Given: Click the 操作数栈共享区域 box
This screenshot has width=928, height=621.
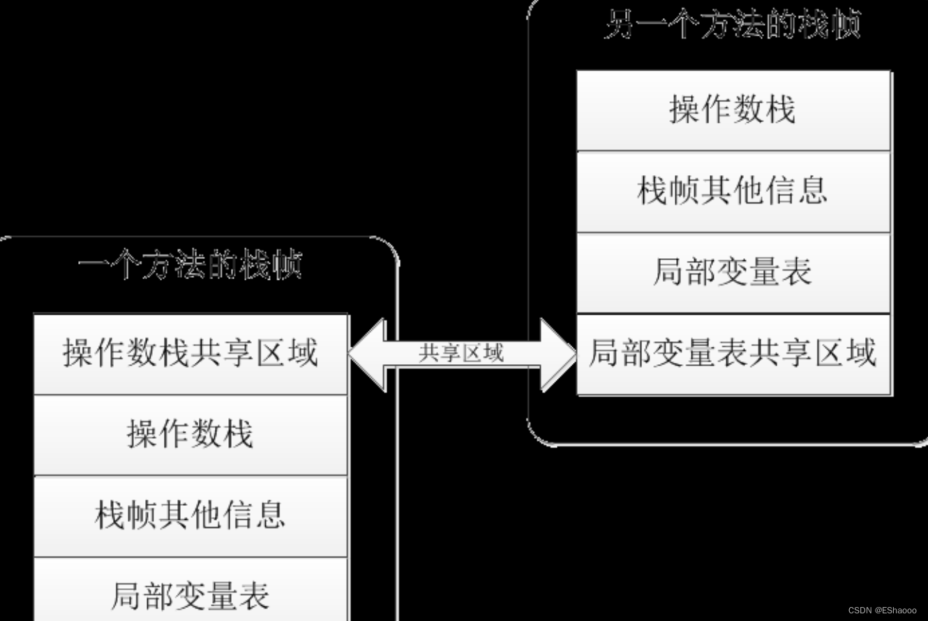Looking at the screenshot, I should point(190,354).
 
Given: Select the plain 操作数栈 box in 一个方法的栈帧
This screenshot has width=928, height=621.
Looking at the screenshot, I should point(190,435).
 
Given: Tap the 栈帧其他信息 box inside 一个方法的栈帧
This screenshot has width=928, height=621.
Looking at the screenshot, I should point(190,516).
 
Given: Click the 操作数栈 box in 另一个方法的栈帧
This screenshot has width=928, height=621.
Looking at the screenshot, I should point(733,110).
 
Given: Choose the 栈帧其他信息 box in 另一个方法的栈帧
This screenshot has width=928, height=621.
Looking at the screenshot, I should point(733,190).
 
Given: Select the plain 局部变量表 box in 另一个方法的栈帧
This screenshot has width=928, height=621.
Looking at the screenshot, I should point(733,272).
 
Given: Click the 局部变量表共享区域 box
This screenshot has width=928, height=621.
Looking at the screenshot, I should point(733,354).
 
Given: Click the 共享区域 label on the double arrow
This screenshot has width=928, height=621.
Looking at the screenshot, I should point(461,354).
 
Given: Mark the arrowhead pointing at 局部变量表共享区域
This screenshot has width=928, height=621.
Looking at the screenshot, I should point(560,354).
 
